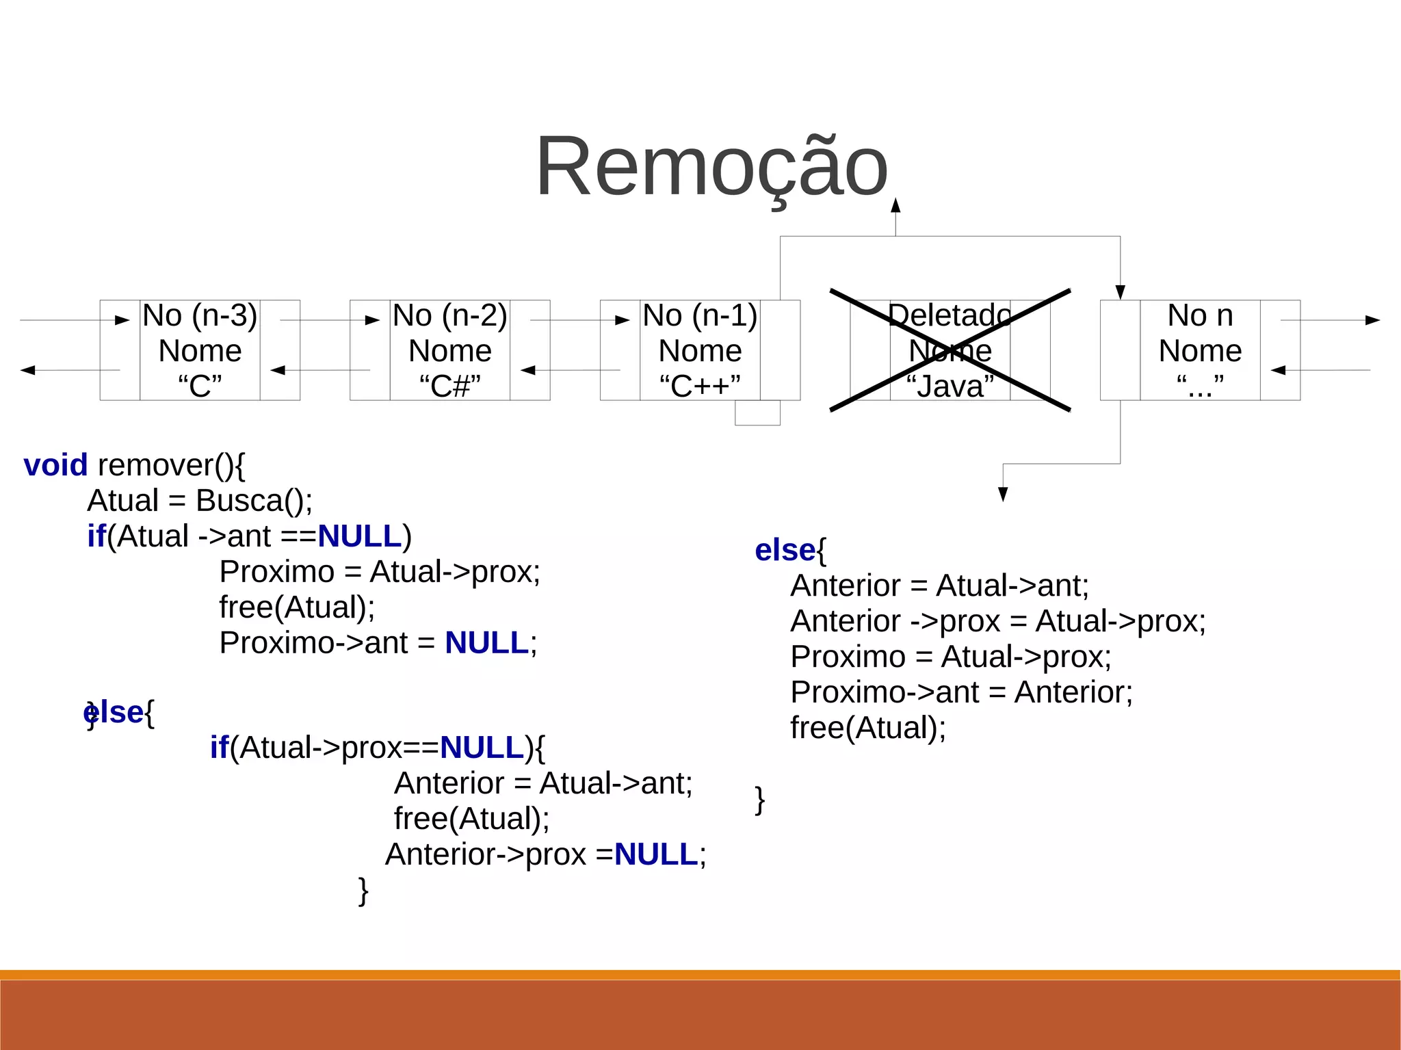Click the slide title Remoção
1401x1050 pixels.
pos(711,167)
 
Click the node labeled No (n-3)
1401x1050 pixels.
pos(200,316)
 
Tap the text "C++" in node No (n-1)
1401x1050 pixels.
pos(699,386)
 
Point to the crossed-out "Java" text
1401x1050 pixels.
pos(950,386)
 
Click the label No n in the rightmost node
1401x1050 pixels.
pos(1200,316)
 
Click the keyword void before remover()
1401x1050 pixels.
pos(55,466)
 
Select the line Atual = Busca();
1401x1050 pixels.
pos(200,501)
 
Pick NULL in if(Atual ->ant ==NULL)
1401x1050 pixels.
pos(359,536)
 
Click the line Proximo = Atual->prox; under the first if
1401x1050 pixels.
pos(380,572)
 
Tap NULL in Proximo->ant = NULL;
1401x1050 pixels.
pos(486,643)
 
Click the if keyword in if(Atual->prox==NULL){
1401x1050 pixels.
pos(219,748)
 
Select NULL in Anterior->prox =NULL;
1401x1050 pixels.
pos(656,854)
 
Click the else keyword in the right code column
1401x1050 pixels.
pos(785,551)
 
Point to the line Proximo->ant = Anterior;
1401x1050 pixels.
pos(961,692)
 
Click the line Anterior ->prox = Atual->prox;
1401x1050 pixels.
pos(997,621)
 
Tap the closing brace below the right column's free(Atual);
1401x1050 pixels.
pos(759,799)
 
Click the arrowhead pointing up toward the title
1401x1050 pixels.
pos(895,205)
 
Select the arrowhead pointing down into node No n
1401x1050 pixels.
pos(1120,293)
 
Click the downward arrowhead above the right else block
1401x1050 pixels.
pos(1003,494)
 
